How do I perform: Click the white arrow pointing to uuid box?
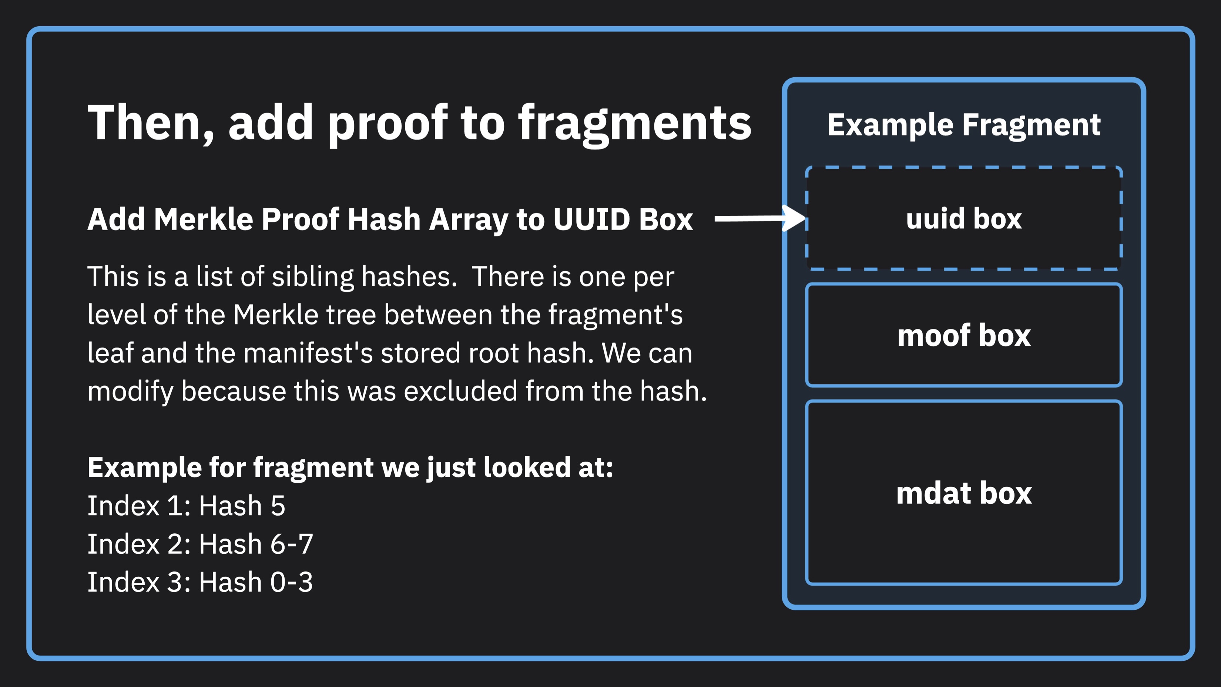pyautogui.click(x=760, y=218)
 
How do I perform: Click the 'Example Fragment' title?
pyautogui.click(x=964, y=125)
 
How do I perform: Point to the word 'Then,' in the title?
pyautogui.click(x=151, y=124)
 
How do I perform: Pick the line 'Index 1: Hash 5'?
pyautogui.click(x=186, y=505)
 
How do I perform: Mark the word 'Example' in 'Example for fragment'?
pyautogui.click(x=145, y=468)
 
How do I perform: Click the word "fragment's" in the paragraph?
pyautogui.click(x=615, y=315)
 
